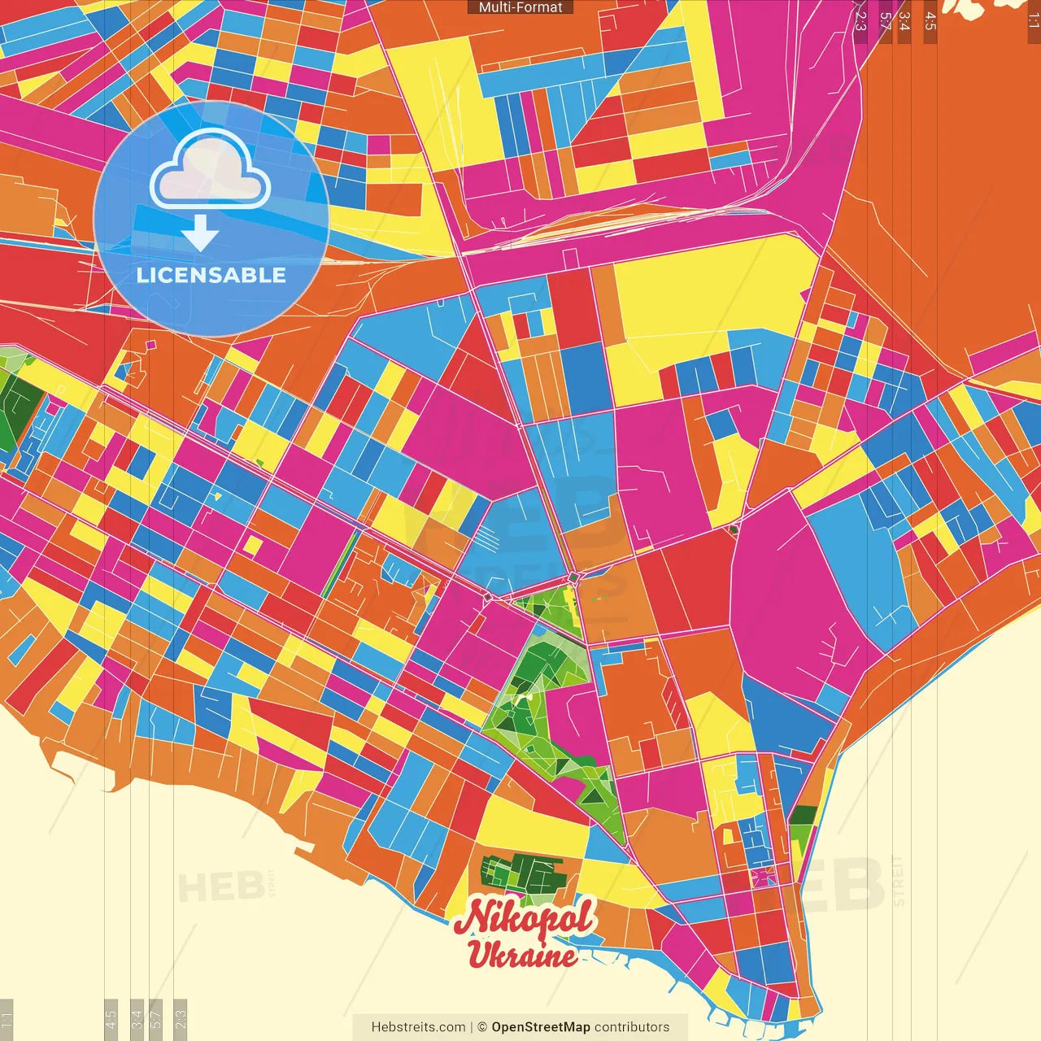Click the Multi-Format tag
click(x=520, y=7)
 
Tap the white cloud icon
click(x=211, y=171)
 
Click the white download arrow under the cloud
click(x=200, y=233)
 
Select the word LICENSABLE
click(x=211, y=275)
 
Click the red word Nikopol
click(x=525, y=918)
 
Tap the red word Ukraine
click(x=522, y=955)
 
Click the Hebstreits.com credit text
click(x=418, y=1027)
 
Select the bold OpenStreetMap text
click(x=540, y=1027)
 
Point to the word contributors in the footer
click(x=632, y=1027)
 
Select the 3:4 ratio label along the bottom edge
click(x=137, y=1018)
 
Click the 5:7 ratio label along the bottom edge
click(x=156, y=1018)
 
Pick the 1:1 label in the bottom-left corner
click(x=7, y=1020)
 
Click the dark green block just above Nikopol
click(x=520, y=874)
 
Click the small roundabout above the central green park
click(x=574, y=577)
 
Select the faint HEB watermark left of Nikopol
click(x=209, y=886)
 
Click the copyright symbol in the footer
click(x=482, y=1027)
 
